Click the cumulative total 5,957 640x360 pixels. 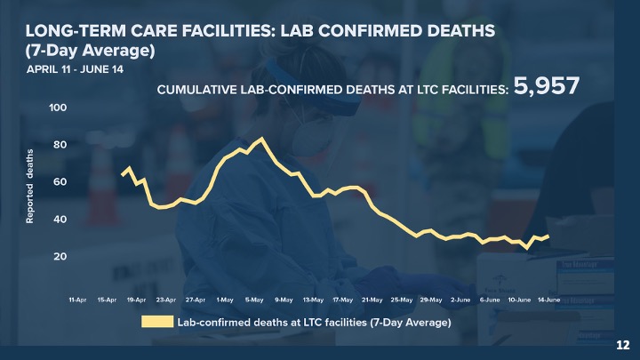point(547,86)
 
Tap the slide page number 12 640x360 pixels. point(623,344)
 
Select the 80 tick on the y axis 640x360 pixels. point(60,145)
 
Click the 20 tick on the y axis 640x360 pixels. point(60,256)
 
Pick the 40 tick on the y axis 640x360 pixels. point(60,219)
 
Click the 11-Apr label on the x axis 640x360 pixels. point(78,300)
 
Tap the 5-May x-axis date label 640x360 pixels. point(254,300)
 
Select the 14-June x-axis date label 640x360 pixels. point(548,300)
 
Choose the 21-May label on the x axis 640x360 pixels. point(372,300)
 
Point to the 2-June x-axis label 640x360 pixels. point(460,300)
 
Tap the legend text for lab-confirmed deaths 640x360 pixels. point(315,323)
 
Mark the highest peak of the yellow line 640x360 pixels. point(261,139)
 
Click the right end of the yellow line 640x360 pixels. point(548,236)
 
